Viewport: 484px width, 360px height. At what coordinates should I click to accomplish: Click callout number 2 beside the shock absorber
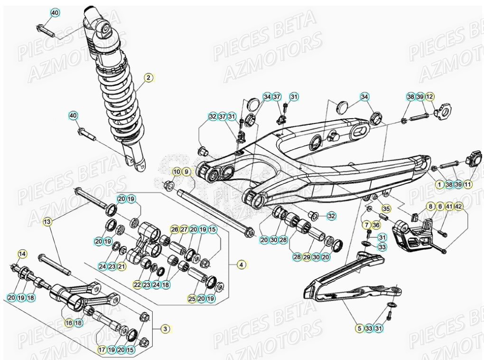(x=148, y=77)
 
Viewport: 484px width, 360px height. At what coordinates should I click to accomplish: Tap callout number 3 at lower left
(x=165, y=328)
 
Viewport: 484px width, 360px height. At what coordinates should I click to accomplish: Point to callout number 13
(x=47, y=221)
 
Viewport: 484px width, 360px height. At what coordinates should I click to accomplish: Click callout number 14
(x=22, y=254)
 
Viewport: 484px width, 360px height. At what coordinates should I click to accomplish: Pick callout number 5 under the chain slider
(x=360, y=328)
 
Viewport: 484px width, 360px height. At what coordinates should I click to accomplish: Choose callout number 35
(x=386, y=208)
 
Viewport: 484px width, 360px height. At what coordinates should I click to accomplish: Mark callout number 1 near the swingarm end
(x=439, y=184)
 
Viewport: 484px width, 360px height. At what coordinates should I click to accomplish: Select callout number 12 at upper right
(x=429, y=97)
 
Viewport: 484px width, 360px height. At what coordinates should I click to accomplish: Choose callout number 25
(x=192, y=299)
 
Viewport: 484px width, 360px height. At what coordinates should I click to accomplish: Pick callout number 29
(x=307, y=257)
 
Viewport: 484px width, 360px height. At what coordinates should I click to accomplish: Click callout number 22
(x=137, y=285)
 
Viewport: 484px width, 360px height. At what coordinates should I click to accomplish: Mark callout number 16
(x=69, y=322)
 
